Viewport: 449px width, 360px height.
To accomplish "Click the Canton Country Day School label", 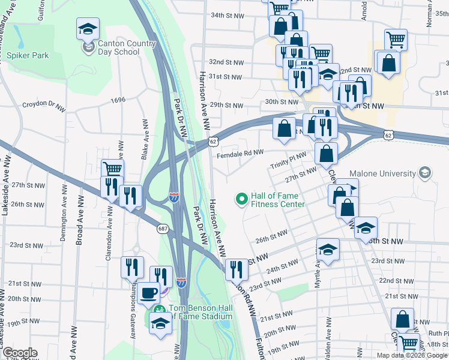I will tap(118, 47).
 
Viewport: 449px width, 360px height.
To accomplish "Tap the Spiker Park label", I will tap(28, 55).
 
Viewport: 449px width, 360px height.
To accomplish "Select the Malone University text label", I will tap(383, 173).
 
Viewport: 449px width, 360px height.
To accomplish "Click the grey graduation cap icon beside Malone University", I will tap(425, 173).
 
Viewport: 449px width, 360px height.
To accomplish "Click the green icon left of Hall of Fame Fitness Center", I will tap(242, 198).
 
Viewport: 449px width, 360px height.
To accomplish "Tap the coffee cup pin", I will tap(148, 293).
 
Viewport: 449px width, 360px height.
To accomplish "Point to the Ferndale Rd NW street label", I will tap(242, 153).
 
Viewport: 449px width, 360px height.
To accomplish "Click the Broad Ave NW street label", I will tap(79, 221).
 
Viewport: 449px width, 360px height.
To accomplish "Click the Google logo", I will tap(19, 353).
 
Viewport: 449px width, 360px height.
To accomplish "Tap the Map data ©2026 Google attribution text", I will tap(411, 355).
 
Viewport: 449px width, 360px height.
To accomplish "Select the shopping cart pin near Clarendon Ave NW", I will tap(112, 169).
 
